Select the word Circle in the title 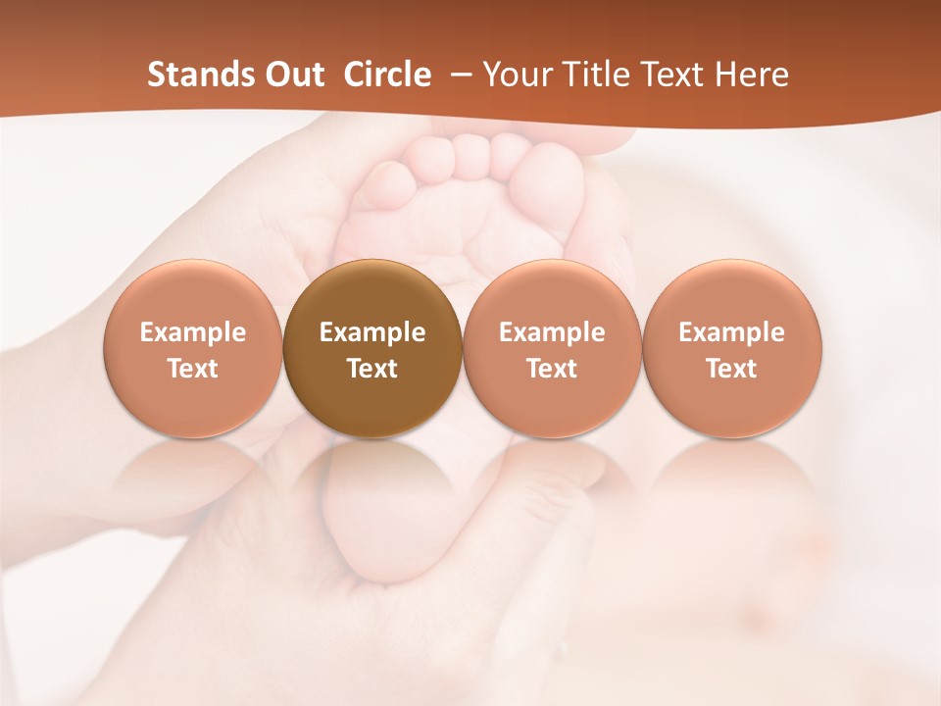387,75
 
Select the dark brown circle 372,349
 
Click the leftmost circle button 193,349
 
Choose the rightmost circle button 732,349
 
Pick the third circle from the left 552,349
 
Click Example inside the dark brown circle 372,332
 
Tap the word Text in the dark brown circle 372,369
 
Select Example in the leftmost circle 193,332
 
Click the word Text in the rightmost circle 732,369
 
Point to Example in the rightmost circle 732,332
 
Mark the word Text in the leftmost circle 193,369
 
